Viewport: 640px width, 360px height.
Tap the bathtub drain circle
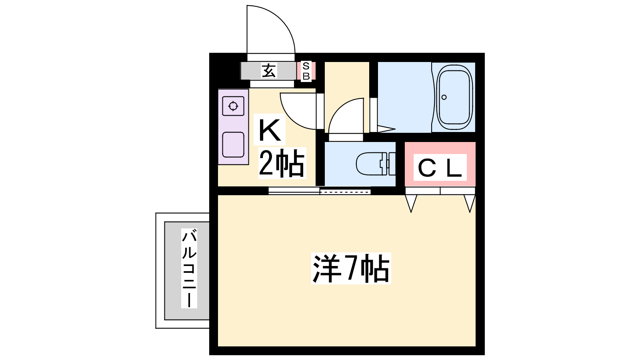click(x=444, y=97)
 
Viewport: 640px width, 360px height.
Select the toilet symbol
click(x=376, y=164)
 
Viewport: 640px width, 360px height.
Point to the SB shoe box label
click(x=306, y=71)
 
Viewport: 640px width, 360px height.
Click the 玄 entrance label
click(x=269, y=70)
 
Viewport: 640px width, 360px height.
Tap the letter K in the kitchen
click(x=270, y=130)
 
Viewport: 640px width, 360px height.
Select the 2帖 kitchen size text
click(x=282, y=163)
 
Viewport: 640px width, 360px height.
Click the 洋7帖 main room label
click(x=351, y=268)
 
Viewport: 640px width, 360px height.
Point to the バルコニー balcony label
click(x=189, y=268)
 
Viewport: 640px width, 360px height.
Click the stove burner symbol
click(x=233, y=106)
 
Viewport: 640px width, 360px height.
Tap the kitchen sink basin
click(x=233, y=144)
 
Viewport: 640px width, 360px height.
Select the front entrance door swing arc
click(x=271, y=29)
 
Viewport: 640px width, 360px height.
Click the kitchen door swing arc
click(x=298, y=111)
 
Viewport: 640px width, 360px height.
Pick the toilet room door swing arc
click(x=346, y=116)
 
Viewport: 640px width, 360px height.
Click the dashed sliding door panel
click(x=345, y=192)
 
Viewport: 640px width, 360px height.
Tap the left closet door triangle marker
click(x=411, y=204)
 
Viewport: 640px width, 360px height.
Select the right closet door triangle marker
click(x=470, y=204)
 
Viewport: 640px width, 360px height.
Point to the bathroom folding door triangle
click(x=386, y=129)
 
